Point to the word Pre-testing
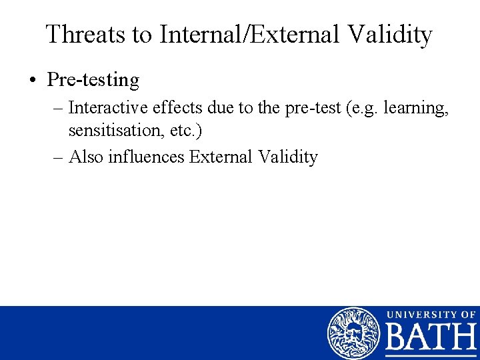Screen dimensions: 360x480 tap(93, 81)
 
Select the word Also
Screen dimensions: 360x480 tap(85, 157)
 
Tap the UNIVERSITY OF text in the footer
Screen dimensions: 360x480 tap(431, 314)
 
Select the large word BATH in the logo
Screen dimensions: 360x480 tap(431, 339)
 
